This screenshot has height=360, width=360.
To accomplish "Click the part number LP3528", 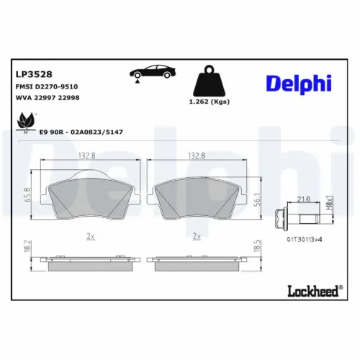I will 32,73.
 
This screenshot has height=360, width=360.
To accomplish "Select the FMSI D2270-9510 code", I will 46,86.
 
